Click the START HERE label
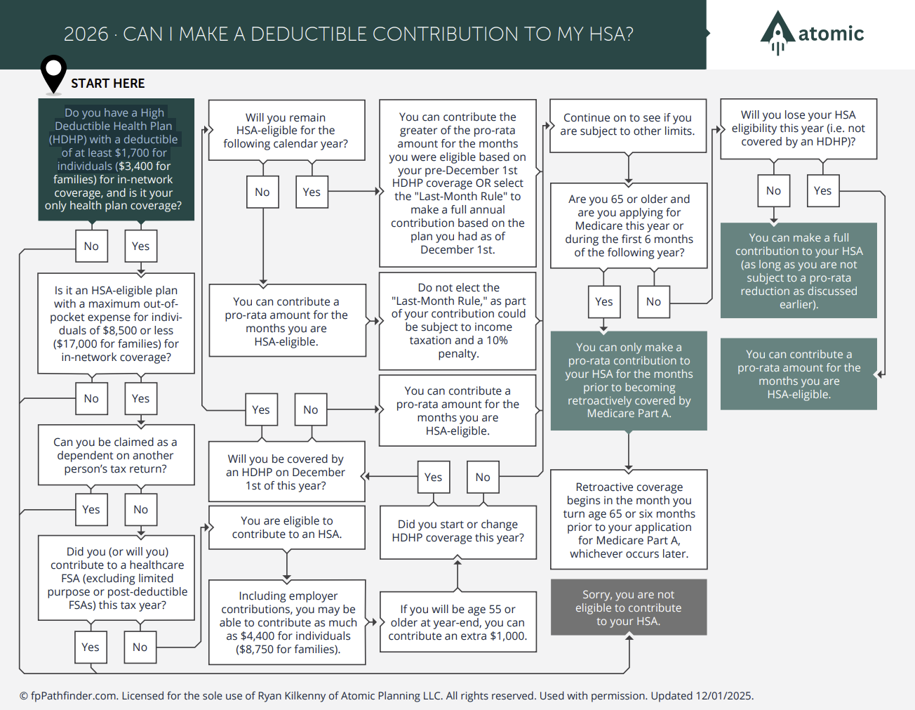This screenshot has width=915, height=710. tap(107, 84)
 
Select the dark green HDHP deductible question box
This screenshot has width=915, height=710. tap(116, 159)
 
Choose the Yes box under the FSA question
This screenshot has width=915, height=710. tap(91, 647)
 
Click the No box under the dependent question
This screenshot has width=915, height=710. tap(140, 509)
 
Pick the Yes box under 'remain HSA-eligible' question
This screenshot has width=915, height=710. tap(312, 192)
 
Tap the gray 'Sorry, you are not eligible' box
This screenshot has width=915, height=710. tap(629, 607)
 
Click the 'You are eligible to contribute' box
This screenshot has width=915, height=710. tap(287, 527)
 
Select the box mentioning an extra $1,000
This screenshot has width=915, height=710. tap(457, 622)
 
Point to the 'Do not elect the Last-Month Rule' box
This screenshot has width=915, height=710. tap(458, 320)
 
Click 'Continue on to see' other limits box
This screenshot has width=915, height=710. tap(628, 125)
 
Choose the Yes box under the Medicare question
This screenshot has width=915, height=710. tap(603, 301)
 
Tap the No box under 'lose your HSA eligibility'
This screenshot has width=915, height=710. tap(773, 190)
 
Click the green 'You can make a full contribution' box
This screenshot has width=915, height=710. tap(799, 270)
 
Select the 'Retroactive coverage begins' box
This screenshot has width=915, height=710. tap(629, 520)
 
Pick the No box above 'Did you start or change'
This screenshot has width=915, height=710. tap(483, 477)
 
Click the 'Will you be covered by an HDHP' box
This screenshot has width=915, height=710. tap(286, 472)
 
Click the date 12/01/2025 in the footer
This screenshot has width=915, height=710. tap(723, 696)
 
